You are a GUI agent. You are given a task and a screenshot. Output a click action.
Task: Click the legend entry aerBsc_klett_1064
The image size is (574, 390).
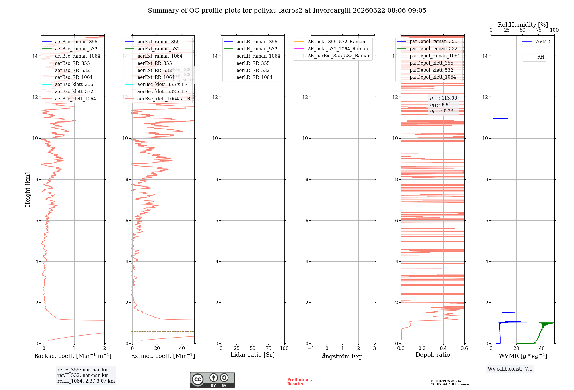click(x=75, y=99)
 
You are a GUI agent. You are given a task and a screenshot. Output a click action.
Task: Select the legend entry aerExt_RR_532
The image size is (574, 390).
click(x=154, y=70)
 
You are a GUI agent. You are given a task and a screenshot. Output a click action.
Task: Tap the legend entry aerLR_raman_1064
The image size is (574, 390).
click(x=258, y=56)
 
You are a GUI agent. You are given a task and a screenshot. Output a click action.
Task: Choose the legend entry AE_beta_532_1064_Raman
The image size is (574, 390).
click(x=337, y=49)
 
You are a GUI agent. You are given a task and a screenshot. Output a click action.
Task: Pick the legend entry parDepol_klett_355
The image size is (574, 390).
click(x=431, y=63)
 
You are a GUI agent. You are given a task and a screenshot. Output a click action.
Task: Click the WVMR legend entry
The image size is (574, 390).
click(x=542, y=42)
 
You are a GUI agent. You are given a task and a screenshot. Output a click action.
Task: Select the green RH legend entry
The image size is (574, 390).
click(x=540, y=57)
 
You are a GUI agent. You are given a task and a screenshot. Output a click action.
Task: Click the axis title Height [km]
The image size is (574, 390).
click(x=28, y=190)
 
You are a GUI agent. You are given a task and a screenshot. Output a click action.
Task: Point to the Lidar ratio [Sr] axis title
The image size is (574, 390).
click(x=253, y=355)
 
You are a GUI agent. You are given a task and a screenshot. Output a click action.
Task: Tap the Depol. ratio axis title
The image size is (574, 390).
click(x=433, y=355)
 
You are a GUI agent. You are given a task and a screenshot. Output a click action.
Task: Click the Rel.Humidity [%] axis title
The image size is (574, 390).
click(x=523, y=25)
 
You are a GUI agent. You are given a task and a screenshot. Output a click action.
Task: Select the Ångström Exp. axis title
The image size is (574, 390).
click(x=343, y=356)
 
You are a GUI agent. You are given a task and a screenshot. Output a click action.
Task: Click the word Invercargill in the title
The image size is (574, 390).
click(x=331, y=11)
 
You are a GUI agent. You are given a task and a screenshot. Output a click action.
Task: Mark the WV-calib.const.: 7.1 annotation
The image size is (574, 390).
click(x=510, y=369)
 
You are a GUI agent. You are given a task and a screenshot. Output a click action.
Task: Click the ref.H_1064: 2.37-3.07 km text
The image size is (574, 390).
click(x=86, y=381)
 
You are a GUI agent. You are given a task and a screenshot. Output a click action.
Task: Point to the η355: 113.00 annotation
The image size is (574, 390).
click(x=443, y=98)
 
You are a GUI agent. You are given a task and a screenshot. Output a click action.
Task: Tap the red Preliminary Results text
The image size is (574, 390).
click(x=300, y=382)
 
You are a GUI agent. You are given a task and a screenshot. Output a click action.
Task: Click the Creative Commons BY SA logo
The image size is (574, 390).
click(x=212, y=380)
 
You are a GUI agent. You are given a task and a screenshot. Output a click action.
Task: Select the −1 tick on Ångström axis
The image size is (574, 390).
click(x=311, y=348)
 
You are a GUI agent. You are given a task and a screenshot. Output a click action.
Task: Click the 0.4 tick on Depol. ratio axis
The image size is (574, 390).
click(x=443, y=348)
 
